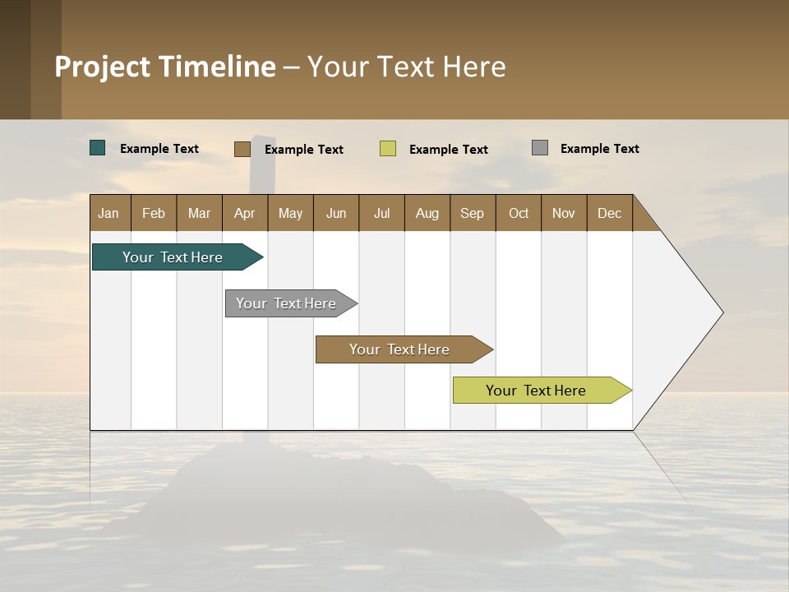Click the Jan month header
(108, 213)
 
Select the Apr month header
(244, 213)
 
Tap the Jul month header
(381, 213)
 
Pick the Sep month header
(472, 213)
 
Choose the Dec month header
(609, 213)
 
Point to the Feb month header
(154, 213)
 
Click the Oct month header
(519, 213)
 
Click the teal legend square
(98, 148)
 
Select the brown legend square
(242, 149)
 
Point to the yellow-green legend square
(388, 149)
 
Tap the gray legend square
(540, 148)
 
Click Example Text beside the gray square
(599, 149)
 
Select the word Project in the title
(102, 67)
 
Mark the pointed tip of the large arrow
(722, 312)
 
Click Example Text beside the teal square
(159, 149)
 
